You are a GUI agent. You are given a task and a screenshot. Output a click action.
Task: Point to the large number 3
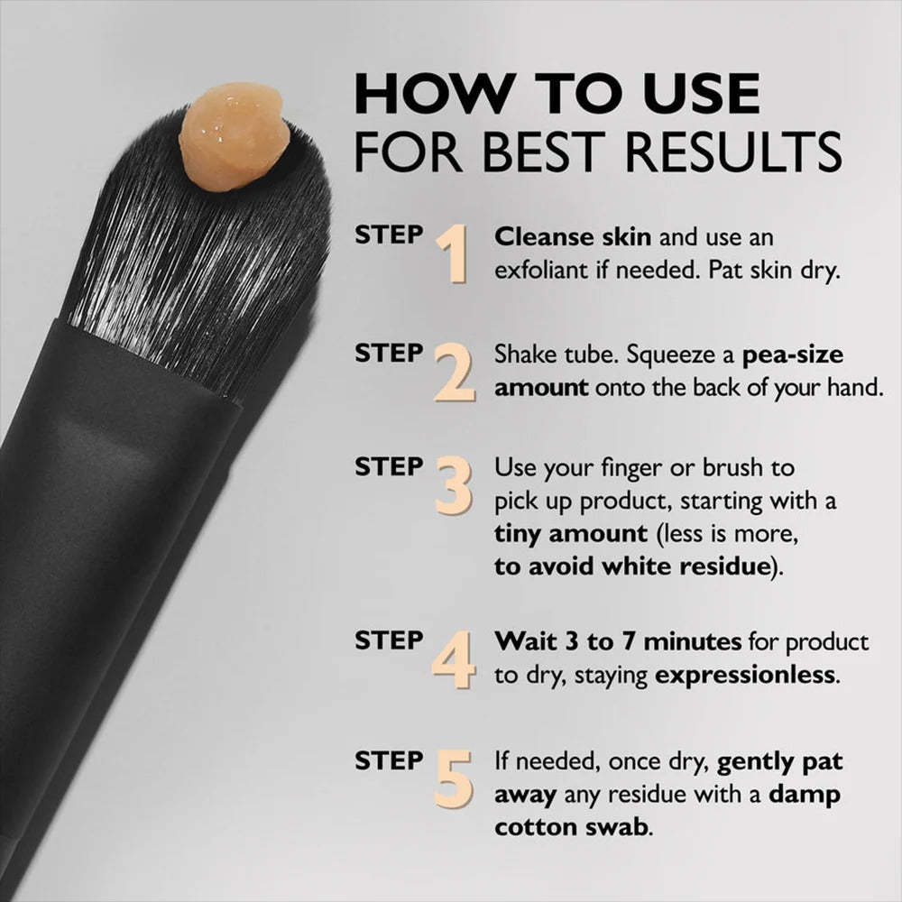click(453, 488)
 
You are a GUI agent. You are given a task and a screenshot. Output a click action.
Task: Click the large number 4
click(454, 659)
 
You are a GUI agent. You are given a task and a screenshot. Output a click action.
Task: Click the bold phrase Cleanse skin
click(574, 238)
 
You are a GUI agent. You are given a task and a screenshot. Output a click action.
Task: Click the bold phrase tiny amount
click(570, 532)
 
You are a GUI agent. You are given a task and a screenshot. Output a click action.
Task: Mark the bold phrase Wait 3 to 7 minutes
click(617, 641)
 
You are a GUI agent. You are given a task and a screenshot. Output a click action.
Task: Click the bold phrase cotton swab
click(570, 827)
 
